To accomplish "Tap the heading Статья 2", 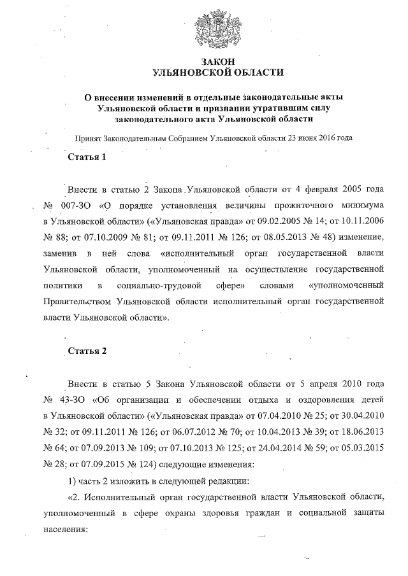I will [x=87, y=351].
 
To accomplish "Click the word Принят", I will [x=87, y=137].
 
